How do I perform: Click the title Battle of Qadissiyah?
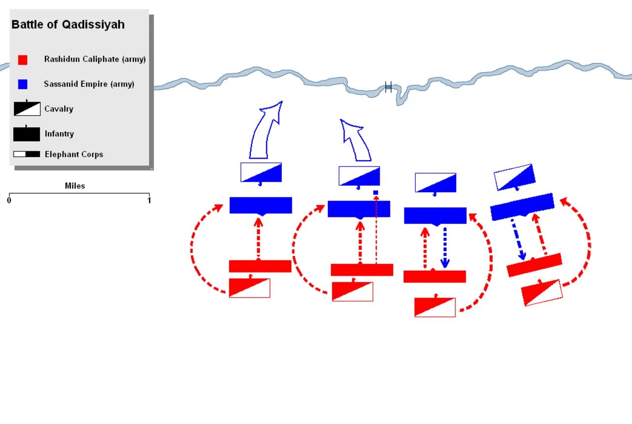click(x=68, y=25)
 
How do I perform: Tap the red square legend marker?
click(x=23, y=60)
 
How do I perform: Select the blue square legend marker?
click(x=23, y=85)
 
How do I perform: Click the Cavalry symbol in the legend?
click(x=27, y=109)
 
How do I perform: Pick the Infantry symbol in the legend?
click(x=27, y=134)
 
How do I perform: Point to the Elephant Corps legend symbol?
click(x=27, y=154)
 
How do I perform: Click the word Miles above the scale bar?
click(x=75, y=186)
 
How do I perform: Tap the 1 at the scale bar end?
click(x=149, y=200)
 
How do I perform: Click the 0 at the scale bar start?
click(x=9, y=200)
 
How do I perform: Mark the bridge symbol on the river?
click(x=388, y=87)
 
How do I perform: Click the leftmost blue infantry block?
click(x=261, y=205)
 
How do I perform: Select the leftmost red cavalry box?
click(x=249, y=288)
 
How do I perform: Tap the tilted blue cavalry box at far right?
click(x=514, y=177)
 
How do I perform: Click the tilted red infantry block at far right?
click(x=534, y=265)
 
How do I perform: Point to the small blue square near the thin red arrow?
click(x=376, y=193)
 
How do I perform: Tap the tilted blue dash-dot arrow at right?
click(x=517, y=240)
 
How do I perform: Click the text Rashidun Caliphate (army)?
click(x=95, y=59)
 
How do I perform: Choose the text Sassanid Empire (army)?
click(x=89, y=84)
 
